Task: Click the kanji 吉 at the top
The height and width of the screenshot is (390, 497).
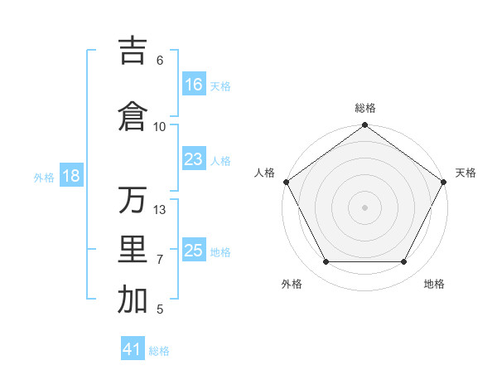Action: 133,50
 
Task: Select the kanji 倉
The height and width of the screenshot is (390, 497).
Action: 133,116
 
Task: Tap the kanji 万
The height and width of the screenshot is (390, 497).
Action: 133,200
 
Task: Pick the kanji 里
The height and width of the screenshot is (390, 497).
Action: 133,250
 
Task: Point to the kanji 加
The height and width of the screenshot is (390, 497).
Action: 133,300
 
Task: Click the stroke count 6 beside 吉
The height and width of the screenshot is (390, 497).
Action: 160,60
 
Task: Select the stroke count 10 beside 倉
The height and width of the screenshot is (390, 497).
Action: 160,126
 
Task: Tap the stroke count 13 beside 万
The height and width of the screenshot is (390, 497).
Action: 160,209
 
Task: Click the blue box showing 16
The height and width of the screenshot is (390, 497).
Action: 194,85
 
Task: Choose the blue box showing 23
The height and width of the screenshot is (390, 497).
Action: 194,159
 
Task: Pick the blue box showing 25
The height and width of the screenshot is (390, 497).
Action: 194,251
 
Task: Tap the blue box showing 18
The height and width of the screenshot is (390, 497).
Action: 71,176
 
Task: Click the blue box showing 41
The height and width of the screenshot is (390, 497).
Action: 133,349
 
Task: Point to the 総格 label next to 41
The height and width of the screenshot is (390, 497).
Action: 159,351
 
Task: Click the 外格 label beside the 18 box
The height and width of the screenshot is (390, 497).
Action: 44,177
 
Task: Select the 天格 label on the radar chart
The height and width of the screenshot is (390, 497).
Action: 466,173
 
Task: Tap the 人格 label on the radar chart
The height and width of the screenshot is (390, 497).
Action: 265,173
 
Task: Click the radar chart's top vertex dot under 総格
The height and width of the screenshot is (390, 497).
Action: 365,126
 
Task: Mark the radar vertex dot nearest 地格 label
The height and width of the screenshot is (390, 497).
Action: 404,262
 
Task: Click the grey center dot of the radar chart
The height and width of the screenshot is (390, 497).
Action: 365,207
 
